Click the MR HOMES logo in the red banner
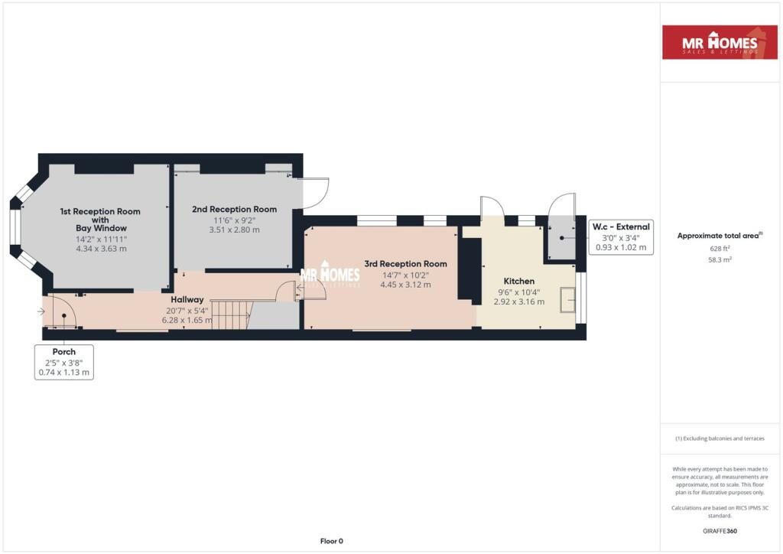click(x=720, y=42)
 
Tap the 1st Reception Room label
click(x=100, y=220)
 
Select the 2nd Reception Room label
click(x=234, y=210)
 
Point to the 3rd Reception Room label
click(x=405, y=264)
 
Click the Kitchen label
click(x=519, y=282)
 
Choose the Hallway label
click(x=187, y=300)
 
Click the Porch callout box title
click(x=64, y=352)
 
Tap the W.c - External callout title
click(x=621, y=226)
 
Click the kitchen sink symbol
click(x=567, y=300)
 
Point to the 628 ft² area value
click(x=720, y=248)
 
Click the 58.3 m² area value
click(x=720, y=259)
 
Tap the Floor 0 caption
click(x=332, y=541)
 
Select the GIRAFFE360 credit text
click(x=720, y=531)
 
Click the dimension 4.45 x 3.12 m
click(x=405, y=285)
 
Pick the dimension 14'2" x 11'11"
click(x=102, y=240)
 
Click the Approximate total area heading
click(x=720, y=236)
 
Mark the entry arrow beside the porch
click(x=41, y=311)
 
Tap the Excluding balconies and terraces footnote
click(x=720, y=438)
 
